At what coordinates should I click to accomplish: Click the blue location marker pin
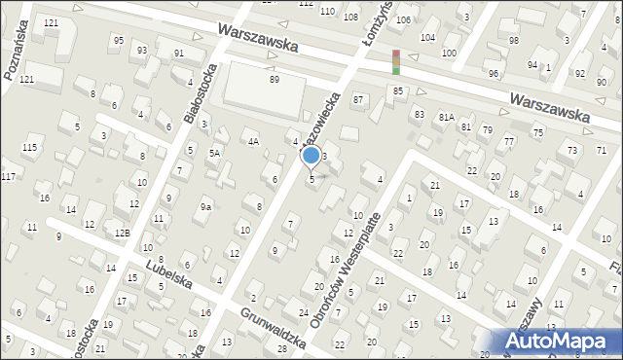click(311, 156)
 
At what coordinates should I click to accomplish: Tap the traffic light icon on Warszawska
click(395, 62)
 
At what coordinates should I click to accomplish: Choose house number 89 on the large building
click(275, 79)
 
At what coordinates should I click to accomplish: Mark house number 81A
click(446, 117)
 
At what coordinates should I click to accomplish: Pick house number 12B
click(122, 233)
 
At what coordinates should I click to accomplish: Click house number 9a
click(206, 206)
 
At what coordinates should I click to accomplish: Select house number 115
click(30, 147)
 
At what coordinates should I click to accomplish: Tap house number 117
click(8, 176)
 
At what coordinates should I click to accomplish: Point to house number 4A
click(252, 142)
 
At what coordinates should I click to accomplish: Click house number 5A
click(214, 153)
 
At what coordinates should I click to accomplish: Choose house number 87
click(358, 100)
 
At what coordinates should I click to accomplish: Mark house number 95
click(118, 41)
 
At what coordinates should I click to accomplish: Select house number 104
click(426, 37)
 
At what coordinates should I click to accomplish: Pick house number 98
click(514, 41)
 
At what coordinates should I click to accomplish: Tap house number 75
click(537, 131)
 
